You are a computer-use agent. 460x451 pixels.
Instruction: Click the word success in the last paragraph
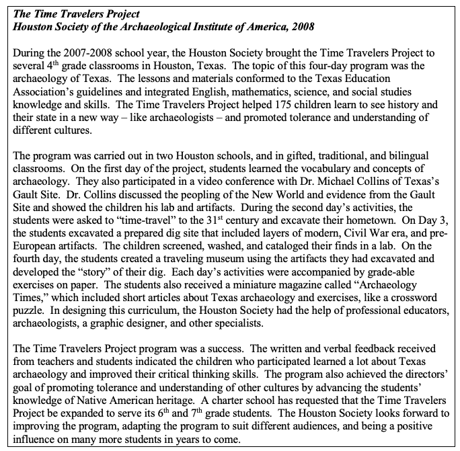point(212,354)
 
